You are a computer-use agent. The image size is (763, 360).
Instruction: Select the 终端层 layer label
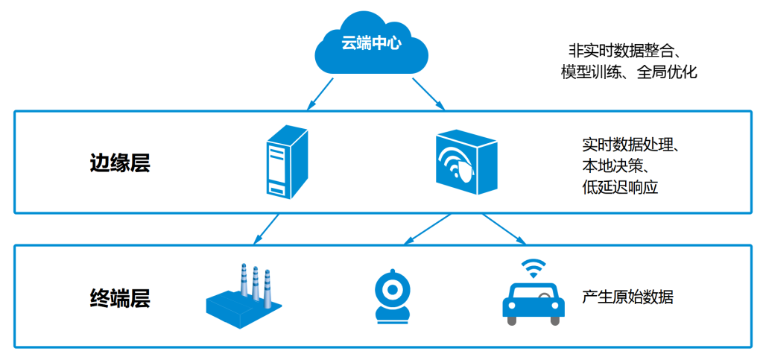click(x=120, y=298)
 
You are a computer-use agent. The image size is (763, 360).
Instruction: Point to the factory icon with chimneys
click(x=243, y=295)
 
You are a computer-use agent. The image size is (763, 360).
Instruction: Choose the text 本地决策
click(x=615, y=165)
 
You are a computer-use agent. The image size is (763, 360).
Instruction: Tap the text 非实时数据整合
click(x=625, y=51)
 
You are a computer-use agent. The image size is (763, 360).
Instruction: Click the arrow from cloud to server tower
click(x=318, y=92)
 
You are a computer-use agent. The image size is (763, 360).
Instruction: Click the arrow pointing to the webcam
click(x=426, y=228)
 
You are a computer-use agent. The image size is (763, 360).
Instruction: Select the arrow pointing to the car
click(x=504, y=228)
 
